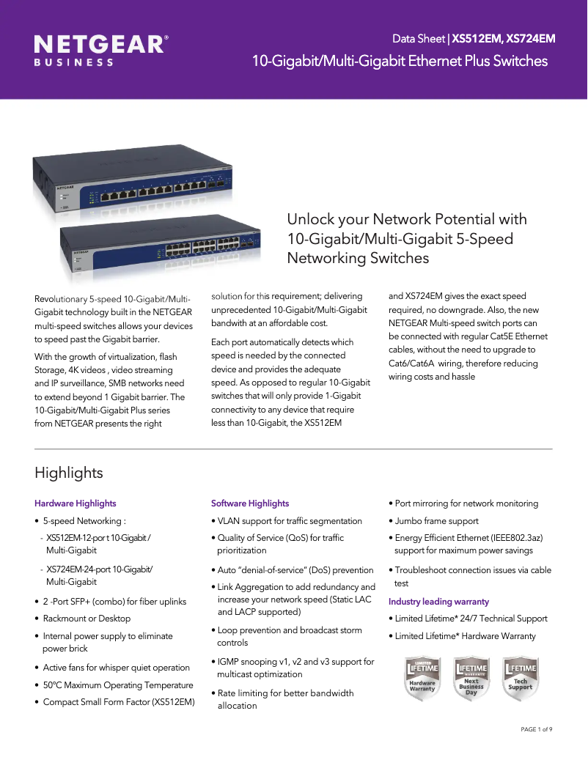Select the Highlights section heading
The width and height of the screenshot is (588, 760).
click(x=69, y=473)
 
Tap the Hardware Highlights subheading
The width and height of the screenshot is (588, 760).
click(x=76, y=503)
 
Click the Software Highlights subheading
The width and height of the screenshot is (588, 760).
click(x=250, y=503)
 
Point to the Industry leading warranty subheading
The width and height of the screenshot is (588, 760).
click(x=438, y=602)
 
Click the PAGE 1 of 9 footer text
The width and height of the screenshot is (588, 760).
click(x=536, y=729)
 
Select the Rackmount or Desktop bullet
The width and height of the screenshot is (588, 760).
click(x=86, y=619)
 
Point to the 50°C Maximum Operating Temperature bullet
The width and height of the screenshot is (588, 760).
click(x=117, y=685)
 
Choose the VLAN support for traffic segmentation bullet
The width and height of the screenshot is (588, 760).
click(x=289, y=521)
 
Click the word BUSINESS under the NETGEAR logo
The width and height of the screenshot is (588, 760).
click(x=74, y=62)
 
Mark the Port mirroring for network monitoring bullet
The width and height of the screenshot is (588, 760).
click(x=466, y=503)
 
